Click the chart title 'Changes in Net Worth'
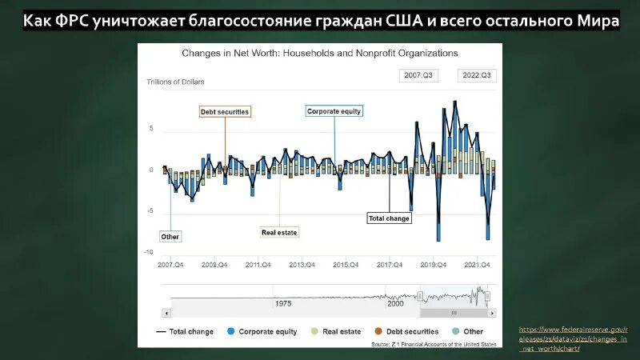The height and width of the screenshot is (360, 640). tap(319, 53)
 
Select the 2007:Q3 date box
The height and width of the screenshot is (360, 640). tap(418, 75)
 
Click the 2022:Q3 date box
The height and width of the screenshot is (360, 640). tap(477, 75)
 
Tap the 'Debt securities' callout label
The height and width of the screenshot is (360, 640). tap(225, 112)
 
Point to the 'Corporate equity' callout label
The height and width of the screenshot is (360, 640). tap(334, 112)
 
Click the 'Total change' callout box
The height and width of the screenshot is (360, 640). tap(389, 218)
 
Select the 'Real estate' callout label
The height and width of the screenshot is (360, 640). tap(279, 233)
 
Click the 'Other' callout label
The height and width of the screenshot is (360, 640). tap(170, 237)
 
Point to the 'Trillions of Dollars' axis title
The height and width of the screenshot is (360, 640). tap(175, 82)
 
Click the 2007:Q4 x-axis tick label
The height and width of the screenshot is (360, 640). tap(170, 264)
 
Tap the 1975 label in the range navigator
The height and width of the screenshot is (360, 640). tap(283, 304)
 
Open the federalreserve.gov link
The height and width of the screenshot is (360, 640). tap(573, 339)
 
